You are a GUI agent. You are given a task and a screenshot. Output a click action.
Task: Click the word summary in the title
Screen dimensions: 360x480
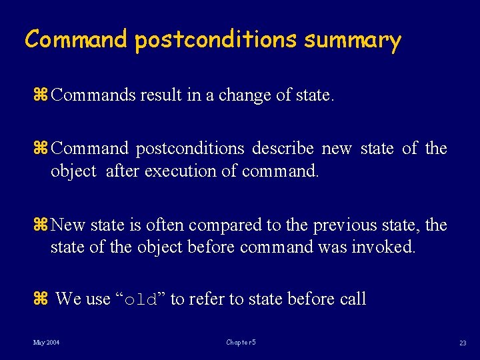pyautogui.click(x=353, y=40)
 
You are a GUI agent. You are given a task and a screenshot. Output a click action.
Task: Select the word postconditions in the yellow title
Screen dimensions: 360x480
pyautogui.click(x=215, y=40)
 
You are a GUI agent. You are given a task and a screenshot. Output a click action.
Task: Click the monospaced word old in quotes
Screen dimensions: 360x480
pyautogui.click(x=141, y=300)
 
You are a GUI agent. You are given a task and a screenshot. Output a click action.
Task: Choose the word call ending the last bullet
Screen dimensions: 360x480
pyautogui.click(x=353, y=299)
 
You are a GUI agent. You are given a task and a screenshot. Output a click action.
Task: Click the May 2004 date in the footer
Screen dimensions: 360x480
pyautogui.click(x=47, y=343)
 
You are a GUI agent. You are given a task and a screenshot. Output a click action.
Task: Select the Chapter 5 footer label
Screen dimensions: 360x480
pyautogui.click(x=241, y=343)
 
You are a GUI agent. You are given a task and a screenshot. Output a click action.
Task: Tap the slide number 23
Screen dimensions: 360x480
pyautogui.click(x=462, y=343)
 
